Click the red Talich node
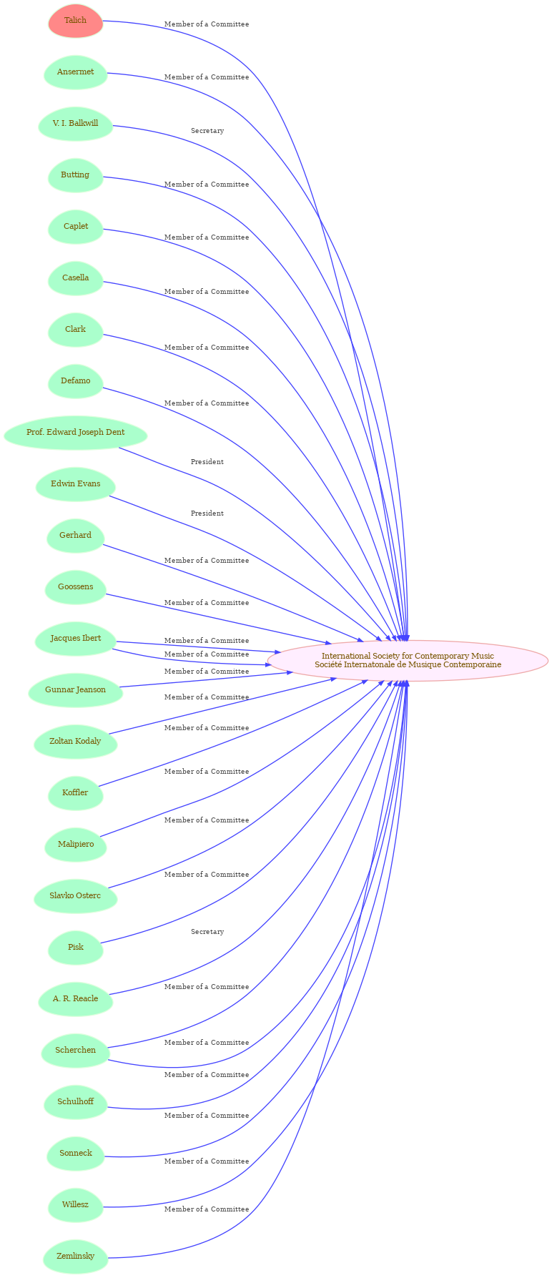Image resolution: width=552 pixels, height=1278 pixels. (76, 21)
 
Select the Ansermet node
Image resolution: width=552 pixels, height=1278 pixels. (76, 72)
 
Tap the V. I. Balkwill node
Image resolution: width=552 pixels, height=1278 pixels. (76, 124)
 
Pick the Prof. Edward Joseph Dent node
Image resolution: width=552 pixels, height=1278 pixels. (76, 433)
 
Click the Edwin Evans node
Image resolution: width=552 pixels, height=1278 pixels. (76, 484)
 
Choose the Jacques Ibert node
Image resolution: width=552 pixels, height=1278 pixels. (76, 639)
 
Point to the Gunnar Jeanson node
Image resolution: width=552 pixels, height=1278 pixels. (76, 690)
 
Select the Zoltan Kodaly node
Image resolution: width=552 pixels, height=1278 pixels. (76, 742)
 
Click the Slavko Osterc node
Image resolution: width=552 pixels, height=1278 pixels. (76, 896)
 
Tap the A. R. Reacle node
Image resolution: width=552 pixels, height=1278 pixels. (76, 999)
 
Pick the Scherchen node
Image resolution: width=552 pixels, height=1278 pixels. (76, 1051)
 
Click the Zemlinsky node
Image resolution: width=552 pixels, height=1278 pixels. (76, 1257)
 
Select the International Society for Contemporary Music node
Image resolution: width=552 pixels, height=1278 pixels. (408, 661)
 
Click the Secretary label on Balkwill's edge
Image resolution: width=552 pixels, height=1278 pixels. (207, 131)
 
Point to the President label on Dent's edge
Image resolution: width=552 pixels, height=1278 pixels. (207, 462)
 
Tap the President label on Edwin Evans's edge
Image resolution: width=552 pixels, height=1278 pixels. (207, 513)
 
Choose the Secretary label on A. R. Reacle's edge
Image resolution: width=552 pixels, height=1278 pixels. (207, 932)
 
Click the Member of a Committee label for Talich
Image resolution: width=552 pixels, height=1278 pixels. (207, 24)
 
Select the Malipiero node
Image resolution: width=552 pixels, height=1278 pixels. (76, 845)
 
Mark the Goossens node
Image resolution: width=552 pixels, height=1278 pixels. (76, 587)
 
